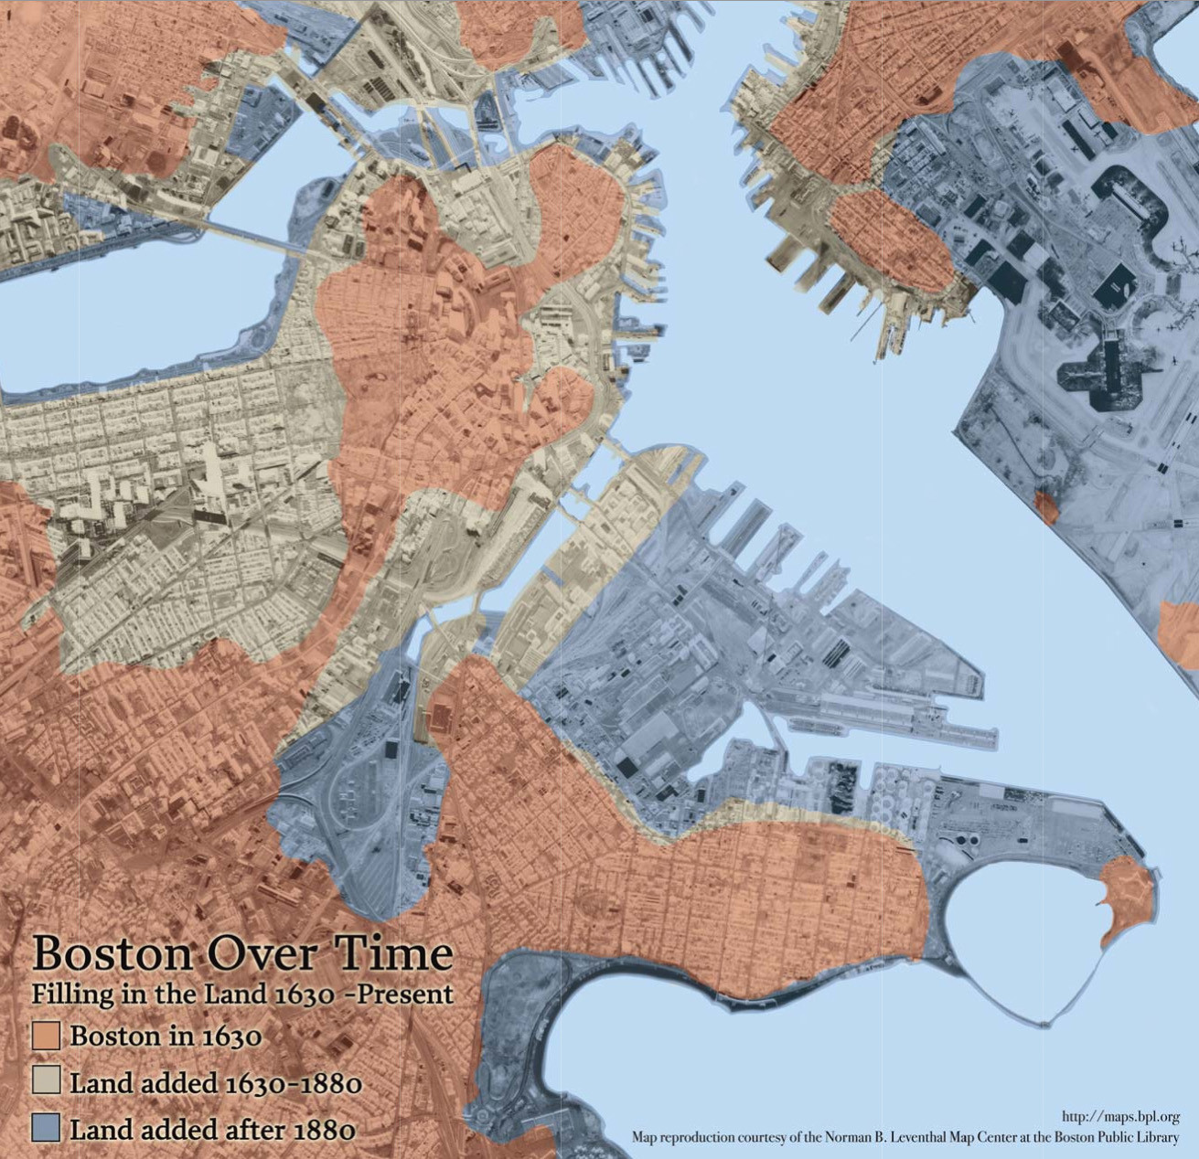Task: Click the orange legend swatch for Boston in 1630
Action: (46, 1036)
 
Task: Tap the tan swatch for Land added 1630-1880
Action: (46, 1081)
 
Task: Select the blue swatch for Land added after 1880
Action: (46, 1127)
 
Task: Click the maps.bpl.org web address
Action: (1120, 1117)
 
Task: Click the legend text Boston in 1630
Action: (166, 1037)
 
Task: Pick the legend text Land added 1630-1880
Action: (216, 1083)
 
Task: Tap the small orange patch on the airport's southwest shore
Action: (1046, 505)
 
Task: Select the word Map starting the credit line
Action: (644, 1138)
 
